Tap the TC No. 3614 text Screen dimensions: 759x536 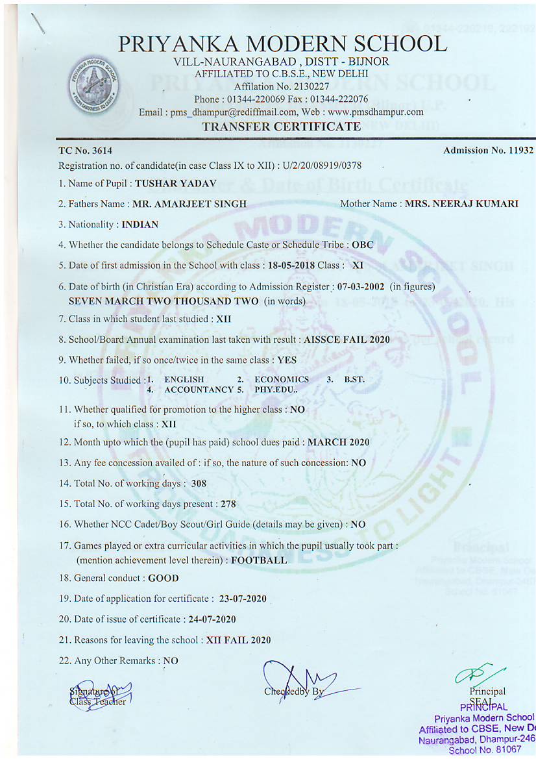[76, 151]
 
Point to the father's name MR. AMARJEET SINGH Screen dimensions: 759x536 [189, 204]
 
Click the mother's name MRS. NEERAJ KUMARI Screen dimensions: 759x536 [461, 204]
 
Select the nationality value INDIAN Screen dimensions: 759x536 [140, 225]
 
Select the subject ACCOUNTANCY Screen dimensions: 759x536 [199, 390]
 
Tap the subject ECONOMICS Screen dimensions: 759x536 [282, 379]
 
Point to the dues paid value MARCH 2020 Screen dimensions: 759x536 [338, 442]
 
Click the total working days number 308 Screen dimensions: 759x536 [199, 484]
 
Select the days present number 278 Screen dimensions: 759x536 [228, 504]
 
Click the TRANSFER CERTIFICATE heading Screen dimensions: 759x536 [281, 127]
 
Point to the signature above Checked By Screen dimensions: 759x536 [305, 682]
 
